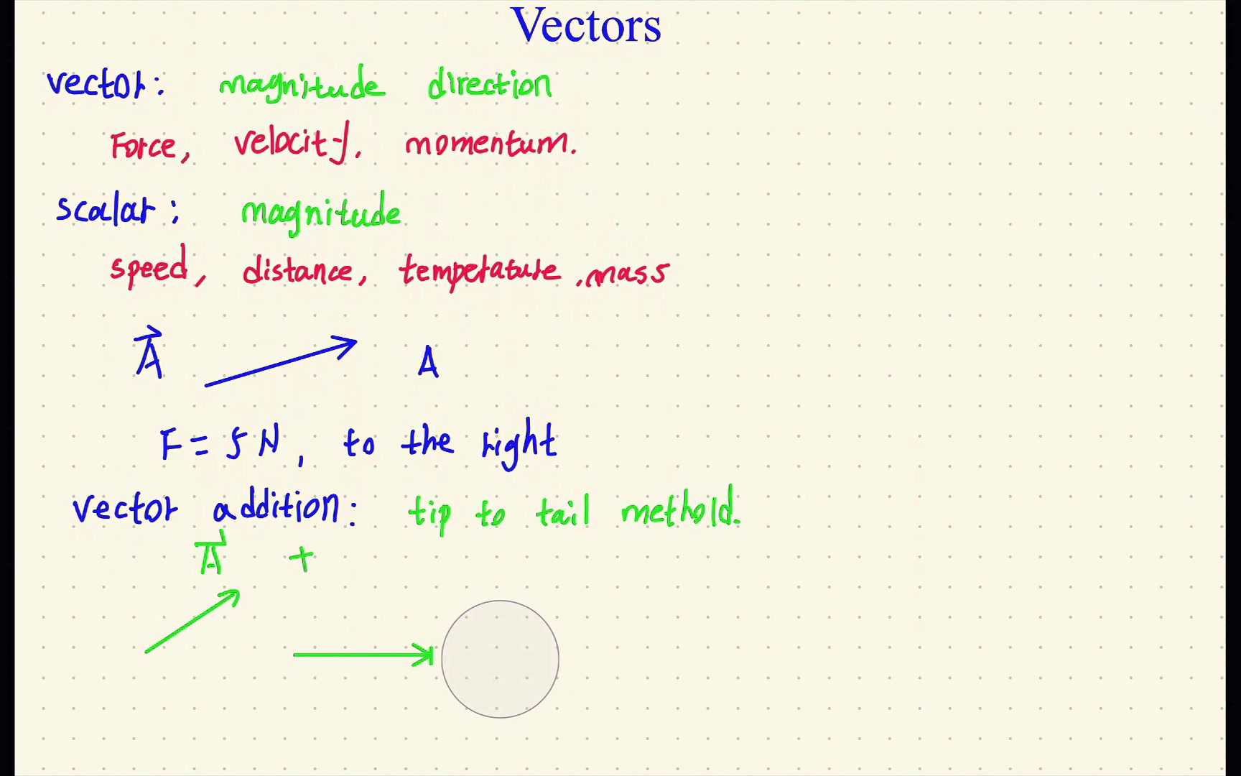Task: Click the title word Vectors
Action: pyautogui.click(x=585, y=26)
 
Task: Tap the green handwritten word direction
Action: pyautogui.click(x=490, y=85)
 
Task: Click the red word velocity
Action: pyautogui.click(x=294, y=142)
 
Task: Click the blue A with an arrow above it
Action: pyautogui.click(x=149, y=354)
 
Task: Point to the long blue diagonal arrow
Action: pyautogui.click(x=280, y=362)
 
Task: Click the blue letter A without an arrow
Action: pyautogui.click(x=428, y=362)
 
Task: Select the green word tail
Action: pyautogui.click(x=563, y=512)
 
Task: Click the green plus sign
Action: pyautogui.click(x=302, y=558)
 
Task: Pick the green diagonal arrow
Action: pyautogui.click(x=192, y=621)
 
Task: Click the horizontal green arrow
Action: pyautogui.click(x=363, y=655)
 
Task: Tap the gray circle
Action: pyautogui.click(x=500, y=659)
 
